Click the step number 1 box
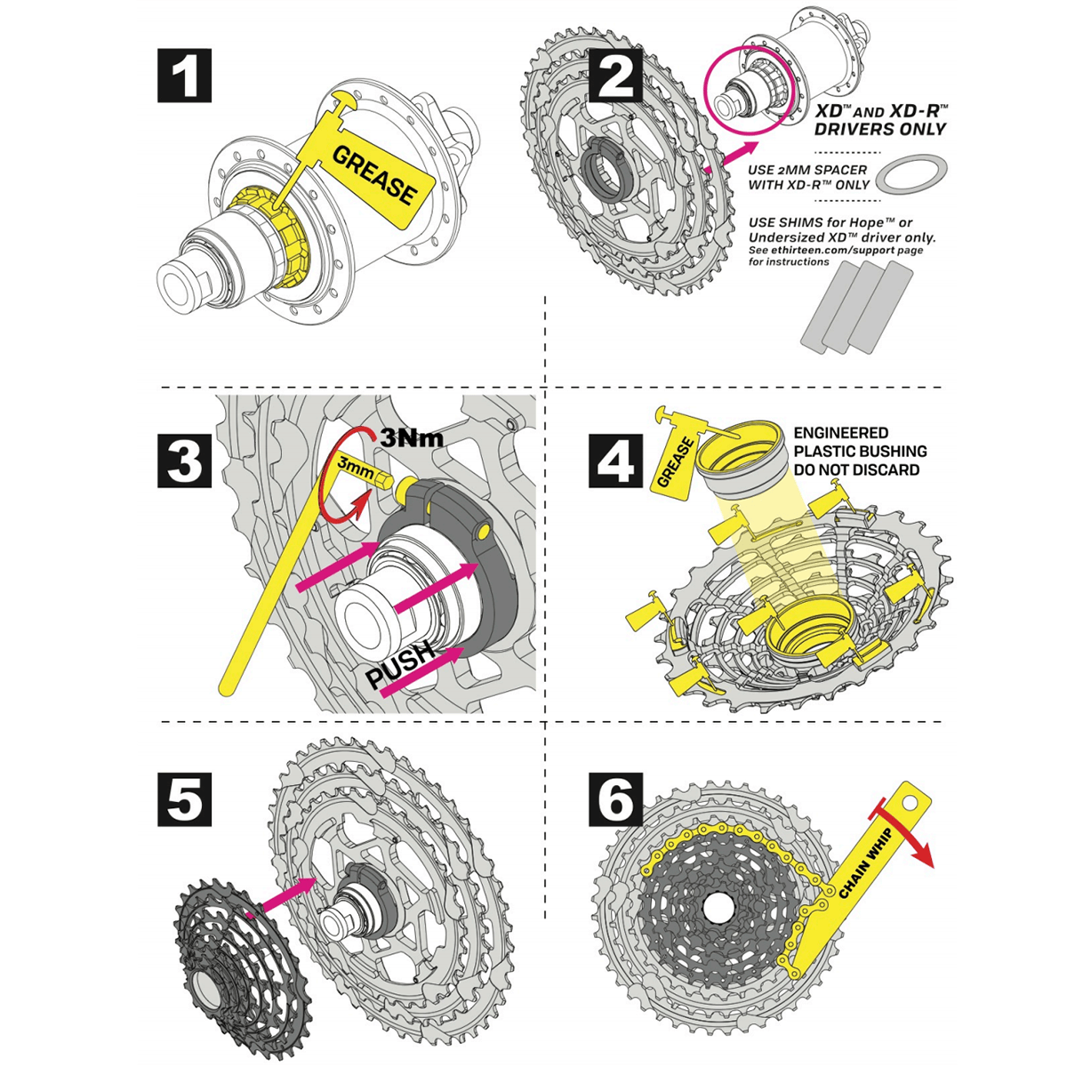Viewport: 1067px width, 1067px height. pyautogui.click(x=184, y=76)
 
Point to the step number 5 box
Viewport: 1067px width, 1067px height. pyautogui.click(x=184, y=798)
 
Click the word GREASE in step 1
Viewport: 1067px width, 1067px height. pyautogui.click(x=374, y=176)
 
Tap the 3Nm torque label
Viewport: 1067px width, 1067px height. pyautogui.click(x=411, y=438)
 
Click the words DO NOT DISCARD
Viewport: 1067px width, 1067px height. pyautogui.click(x=857, y=469)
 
